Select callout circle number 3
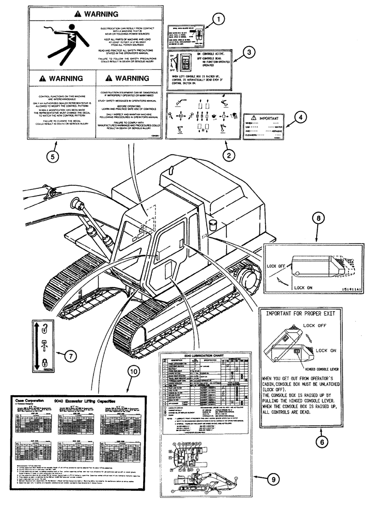point(249,52)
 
